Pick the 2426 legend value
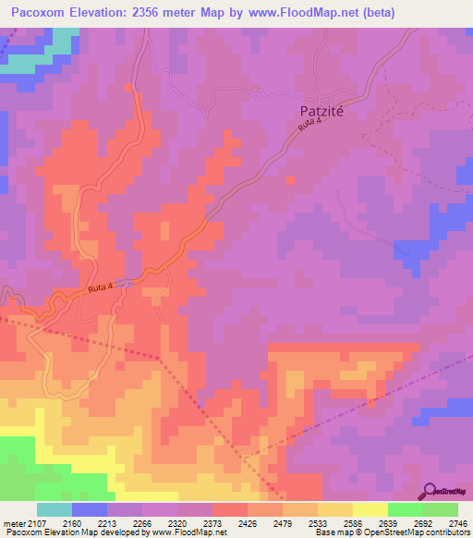248,522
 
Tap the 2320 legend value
178,522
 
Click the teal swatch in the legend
55,509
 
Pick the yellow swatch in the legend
370,509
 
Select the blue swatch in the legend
90,509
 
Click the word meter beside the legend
13,522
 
